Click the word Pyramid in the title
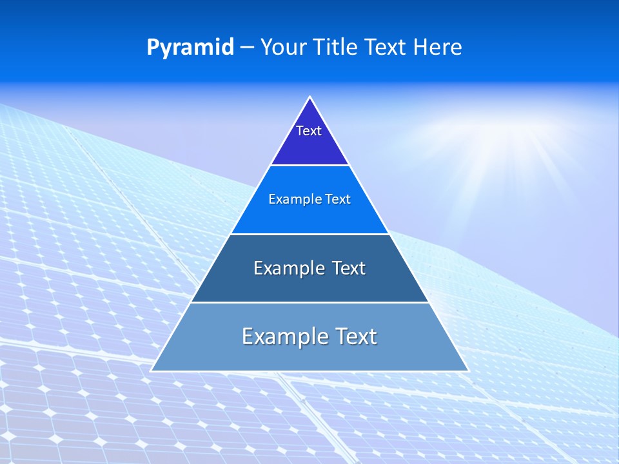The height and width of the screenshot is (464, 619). [x=190, y=47]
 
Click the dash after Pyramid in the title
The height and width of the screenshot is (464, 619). [x=247, y=48]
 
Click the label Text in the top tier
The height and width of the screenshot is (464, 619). [x=309, y=131]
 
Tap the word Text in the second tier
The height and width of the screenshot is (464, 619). [x=338, y=199]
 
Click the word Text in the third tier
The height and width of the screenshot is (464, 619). [x=348, y=268]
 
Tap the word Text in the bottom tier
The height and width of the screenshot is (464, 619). [x=355, y=336]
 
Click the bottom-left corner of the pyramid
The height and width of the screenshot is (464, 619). [x=152, y=371]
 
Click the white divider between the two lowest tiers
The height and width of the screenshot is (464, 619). [x=309, y=302]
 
